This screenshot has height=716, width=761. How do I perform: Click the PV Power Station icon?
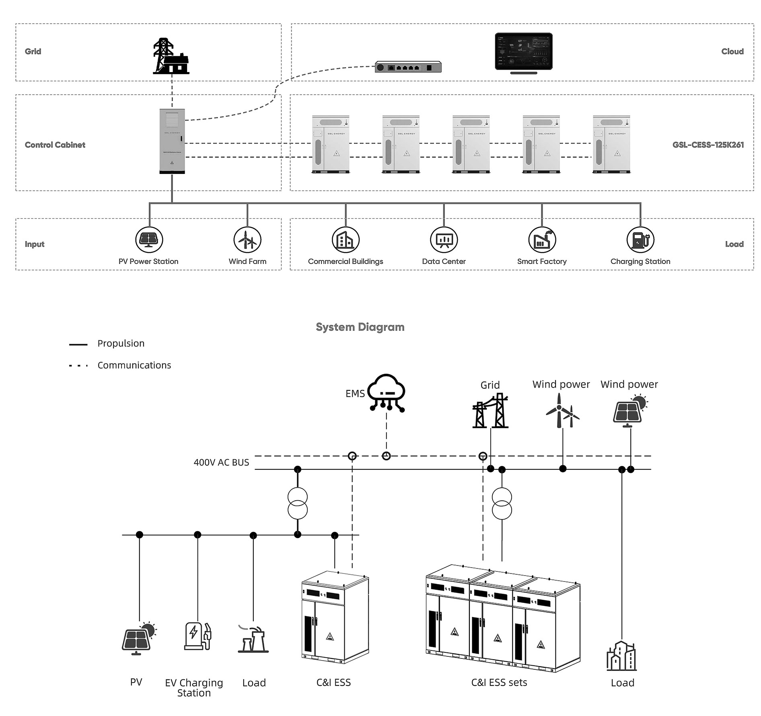click(x=149, y=240)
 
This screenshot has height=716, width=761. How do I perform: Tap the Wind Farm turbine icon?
click(x=247, y=240)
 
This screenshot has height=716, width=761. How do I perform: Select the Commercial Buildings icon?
click(x=346, y=240)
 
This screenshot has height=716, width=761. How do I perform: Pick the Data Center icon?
click(x=444, y=240)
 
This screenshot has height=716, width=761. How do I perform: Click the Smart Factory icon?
click(x=542, y=240)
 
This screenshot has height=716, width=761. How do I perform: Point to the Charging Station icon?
click(x=640, y=240)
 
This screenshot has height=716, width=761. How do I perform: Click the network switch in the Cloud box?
click(x=408, y=67)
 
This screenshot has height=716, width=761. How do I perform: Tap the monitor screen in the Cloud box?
click(x=523, y=52)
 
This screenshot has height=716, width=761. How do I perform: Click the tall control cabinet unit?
click(x=172, y=141)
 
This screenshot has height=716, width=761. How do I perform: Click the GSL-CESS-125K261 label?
click(x=708, y=145)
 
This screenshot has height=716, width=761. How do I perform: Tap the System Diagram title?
click(x=360, y=327)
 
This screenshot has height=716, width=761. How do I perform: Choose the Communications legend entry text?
click(x=134, y=365)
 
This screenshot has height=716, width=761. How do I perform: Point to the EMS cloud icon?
click(x=386, y=393)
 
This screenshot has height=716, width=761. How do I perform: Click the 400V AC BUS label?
click(x=221, y=463)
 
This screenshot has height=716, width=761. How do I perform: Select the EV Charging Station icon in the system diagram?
click(x=197, y=636)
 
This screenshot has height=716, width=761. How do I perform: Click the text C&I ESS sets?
click(x=499, y=683)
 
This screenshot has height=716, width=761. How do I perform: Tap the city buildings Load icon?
click(x=621, y=656)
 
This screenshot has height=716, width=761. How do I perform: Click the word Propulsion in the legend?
click(x=121, y=344)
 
